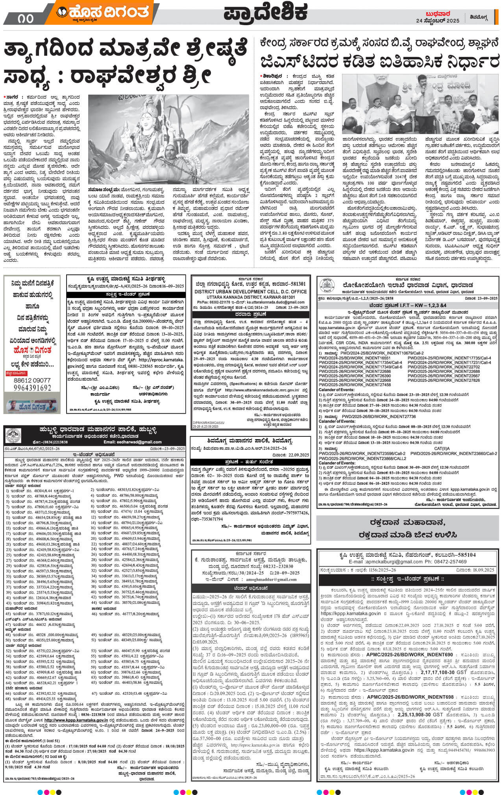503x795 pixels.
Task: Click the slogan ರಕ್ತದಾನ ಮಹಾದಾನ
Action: tap(407, 523)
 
